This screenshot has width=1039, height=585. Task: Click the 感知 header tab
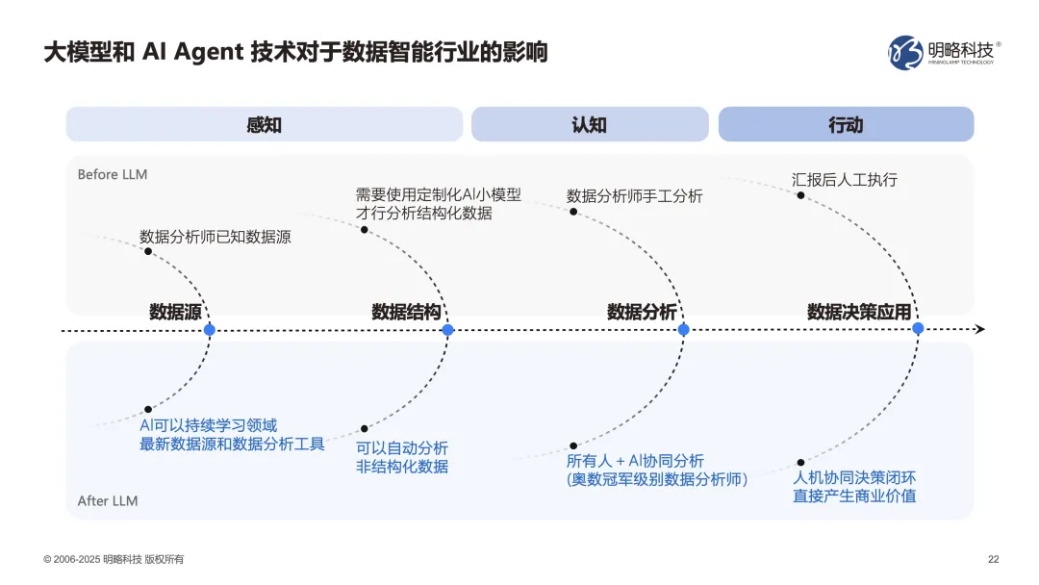click(x=264, y=125)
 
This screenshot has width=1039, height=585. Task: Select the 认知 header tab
click(x=589, y=125)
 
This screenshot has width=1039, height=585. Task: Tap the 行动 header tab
click(x=846, y=125)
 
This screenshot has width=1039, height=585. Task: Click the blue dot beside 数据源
click(x=210, y=330)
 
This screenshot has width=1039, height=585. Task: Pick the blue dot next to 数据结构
click(x=447, y=330)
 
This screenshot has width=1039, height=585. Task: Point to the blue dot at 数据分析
click(x=684, y=330)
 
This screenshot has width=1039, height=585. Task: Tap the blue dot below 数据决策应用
click(x=918, y=329)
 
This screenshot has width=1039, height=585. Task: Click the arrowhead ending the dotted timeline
click(x=979, y=329)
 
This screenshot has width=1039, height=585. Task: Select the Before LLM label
click(x=113, y=175)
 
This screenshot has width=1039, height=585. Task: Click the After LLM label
click(x=107, y=501)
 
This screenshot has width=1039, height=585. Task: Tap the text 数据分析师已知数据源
click(x=215, y=236)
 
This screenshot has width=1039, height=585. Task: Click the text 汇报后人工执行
click(x=844, y=180)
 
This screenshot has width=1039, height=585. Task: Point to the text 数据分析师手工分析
click(x=635, y=196)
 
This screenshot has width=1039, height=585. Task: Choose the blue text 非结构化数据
click(x=401, y=467)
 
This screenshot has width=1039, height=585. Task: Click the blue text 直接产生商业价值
click(x=854, y=496)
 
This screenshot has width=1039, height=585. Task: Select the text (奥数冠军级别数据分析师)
click(x=657, y=479)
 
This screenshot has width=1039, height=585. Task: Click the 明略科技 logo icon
click(x=904, y=53)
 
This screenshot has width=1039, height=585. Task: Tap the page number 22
click(x=994, y=560)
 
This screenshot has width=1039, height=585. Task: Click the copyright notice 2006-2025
click(x=114, y=560)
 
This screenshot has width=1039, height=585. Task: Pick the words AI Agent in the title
click(x=192, y=52)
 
